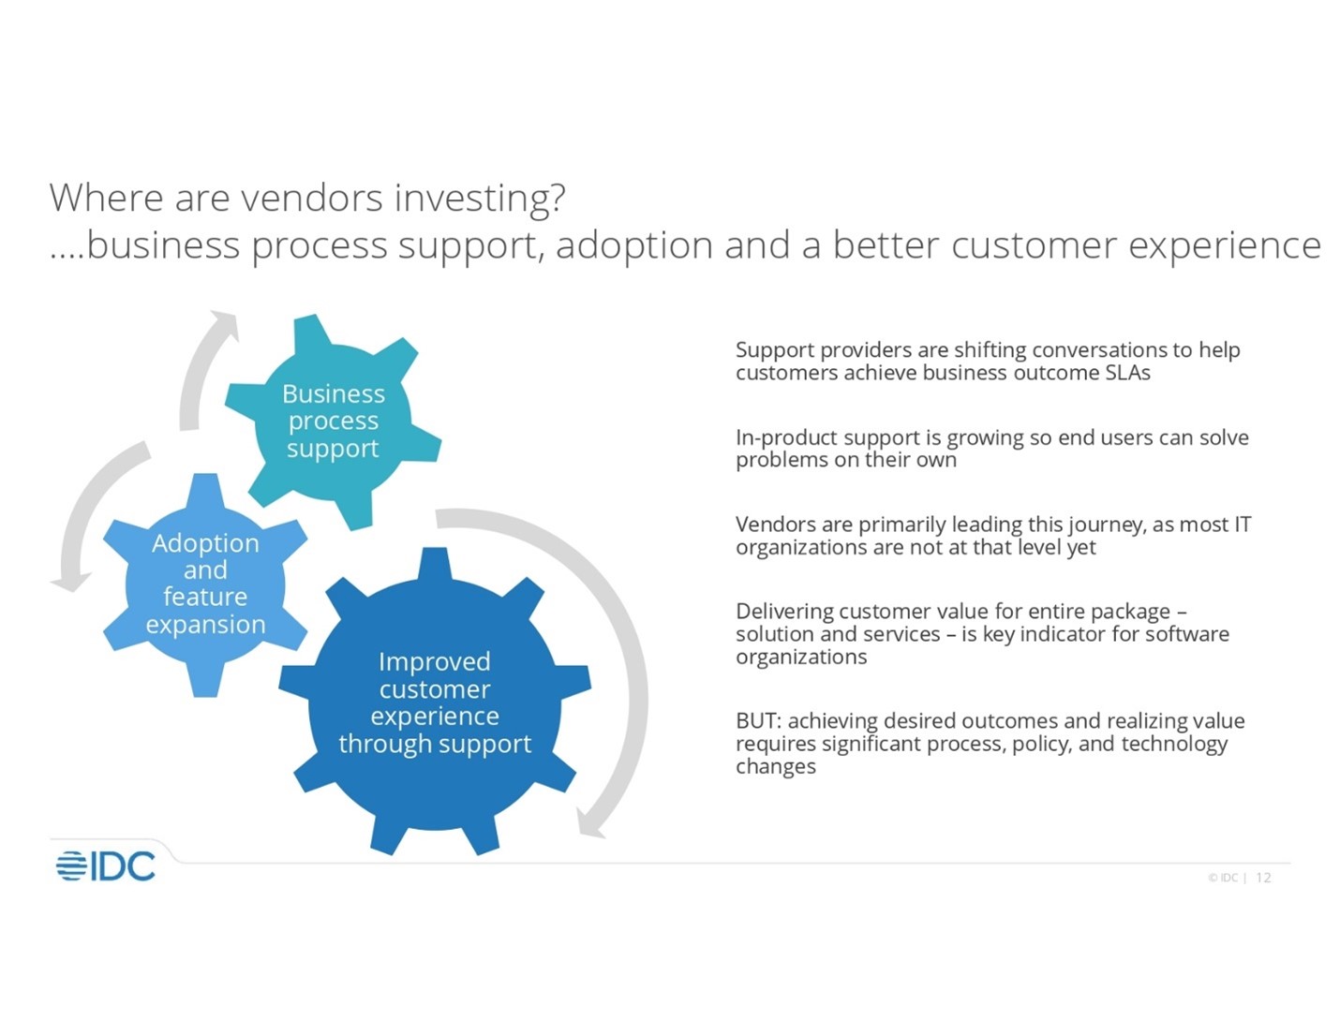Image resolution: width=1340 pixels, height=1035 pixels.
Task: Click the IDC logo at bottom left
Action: (x=105, y=866)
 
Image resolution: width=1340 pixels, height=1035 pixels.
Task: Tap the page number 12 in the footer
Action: (x=1263, y=878)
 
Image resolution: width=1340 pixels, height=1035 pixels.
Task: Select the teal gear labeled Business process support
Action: (x=333, y=421)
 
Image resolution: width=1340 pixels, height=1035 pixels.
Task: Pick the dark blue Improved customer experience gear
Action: (x=434, y=702)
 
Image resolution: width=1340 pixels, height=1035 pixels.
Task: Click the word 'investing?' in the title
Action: (x=479, y=199)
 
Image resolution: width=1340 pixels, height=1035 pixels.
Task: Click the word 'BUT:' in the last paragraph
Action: (x=758, y=721)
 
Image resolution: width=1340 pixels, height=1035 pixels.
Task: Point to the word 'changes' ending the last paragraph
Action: (x=775, y=767)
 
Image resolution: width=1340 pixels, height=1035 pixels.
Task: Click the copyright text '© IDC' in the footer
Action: (x=1223, y=878)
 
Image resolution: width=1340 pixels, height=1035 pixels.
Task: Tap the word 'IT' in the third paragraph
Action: (x=1242, y=525)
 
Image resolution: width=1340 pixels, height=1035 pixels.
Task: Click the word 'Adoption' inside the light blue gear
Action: (x=205, y=543)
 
